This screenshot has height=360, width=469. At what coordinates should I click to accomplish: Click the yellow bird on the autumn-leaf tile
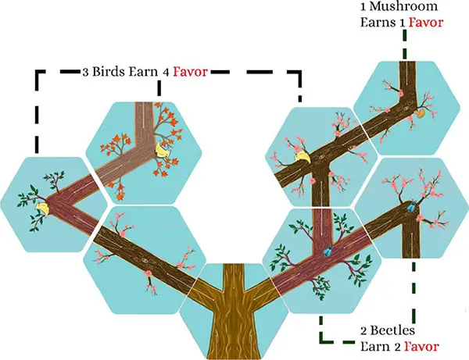point(163,150)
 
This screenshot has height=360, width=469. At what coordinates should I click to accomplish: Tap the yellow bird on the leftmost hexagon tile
point(40,207)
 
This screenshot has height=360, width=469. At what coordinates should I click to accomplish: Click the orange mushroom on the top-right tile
point(419,112)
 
